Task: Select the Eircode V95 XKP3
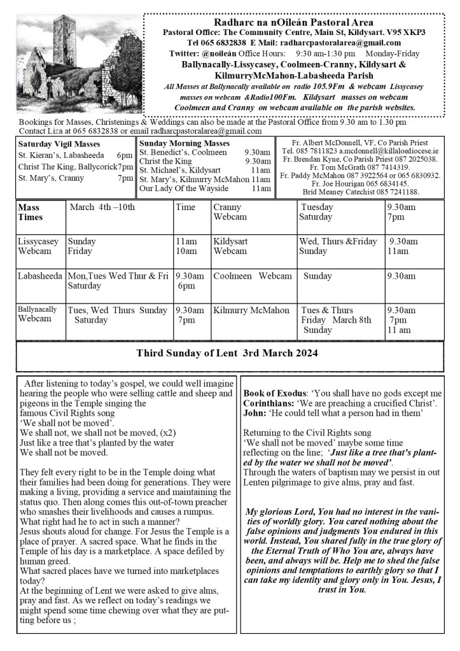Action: tap(405, 32)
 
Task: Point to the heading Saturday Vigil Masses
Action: tap(55, 144)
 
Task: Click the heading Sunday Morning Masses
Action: tap(185, 144)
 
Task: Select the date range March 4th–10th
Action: tap(102, 207)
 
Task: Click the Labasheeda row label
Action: tap(41, 276)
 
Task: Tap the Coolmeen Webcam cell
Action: tap(253, 276)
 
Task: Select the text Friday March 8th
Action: tap(336, 320)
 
